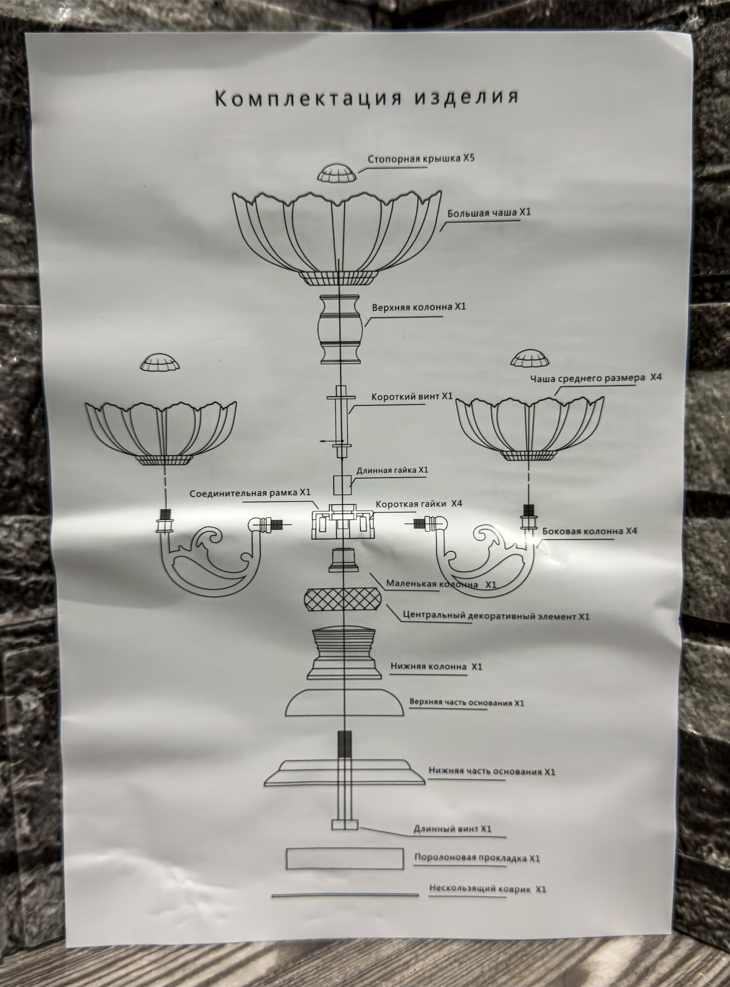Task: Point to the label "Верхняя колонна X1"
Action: (x=418, y=306)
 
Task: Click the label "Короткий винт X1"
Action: (x=411, y=396)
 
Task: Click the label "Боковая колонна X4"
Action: (x=590, y=531)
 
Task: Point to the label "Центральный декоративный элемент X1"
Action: (x=496, y=616)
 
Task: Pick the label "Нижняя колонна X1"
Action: (x=436, y=667)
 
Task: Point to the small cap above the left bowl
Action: (x=160, y=363)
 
